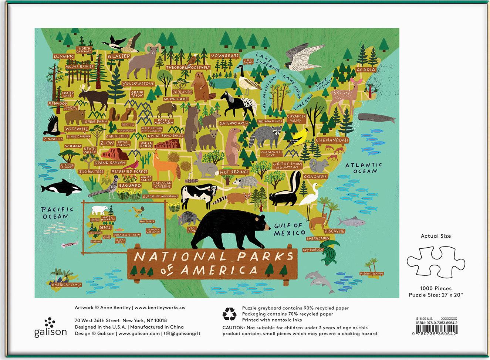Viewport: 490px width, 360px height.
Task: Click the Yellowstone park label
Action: point(138,84)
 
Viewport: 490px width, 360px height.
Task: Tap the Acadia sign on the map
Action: point(366,69)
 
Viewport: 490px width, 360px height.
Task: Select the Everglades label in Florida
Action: point(318,238)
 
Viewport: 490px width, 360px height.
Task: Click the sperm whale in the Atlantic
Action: point(376,118)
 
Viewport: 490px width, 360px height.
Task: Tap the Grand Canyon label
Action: point(110,163)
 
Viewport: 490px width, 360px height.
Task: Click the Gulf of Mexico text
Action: point(289,229)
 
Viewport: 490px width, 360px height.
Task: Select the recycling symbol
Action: point(229,314)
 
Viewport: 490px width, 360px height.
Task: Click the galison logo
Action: point(50,328)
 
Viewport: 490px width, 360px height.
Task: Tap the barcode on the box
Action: point(436,330)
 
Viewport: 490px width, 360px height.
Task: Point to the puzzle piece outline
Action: point(436,262)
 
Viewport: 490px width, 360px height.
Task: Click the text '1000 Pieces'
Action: point(436,288)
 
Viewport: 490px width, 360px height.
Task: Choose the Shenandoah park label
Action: point(332,140)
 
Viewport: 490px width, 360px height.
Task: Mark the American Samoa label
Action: point(67,285)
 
